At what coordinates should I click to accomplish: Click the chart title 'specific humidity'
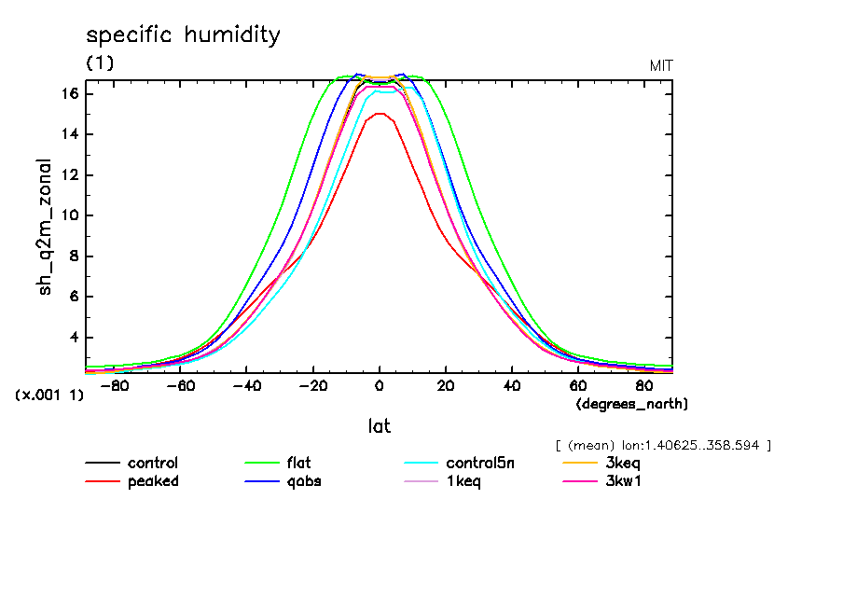[183, 35]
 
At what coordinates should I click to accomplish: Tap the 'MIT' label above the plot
[661, 65]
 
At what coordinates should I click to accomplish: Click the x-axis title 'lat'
[379, 425]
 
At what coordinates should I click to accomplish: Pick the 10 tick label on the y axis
[68, 215]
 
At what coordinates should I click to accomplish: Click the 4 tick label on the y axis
[72, 338]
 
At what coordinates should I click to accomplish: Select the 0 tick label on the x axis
[379, 384]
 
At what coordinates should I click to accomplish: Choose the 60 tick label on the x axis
[577, 384]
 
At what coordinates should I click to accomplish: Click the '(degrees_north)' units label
[631, 403]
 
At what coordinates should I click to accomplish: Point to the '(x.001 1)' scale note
[49, 395]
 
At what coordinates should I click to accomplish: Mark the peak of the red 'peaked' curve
[379, 114]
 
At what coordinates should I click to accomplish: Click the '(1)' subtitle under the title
[100, 62]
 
